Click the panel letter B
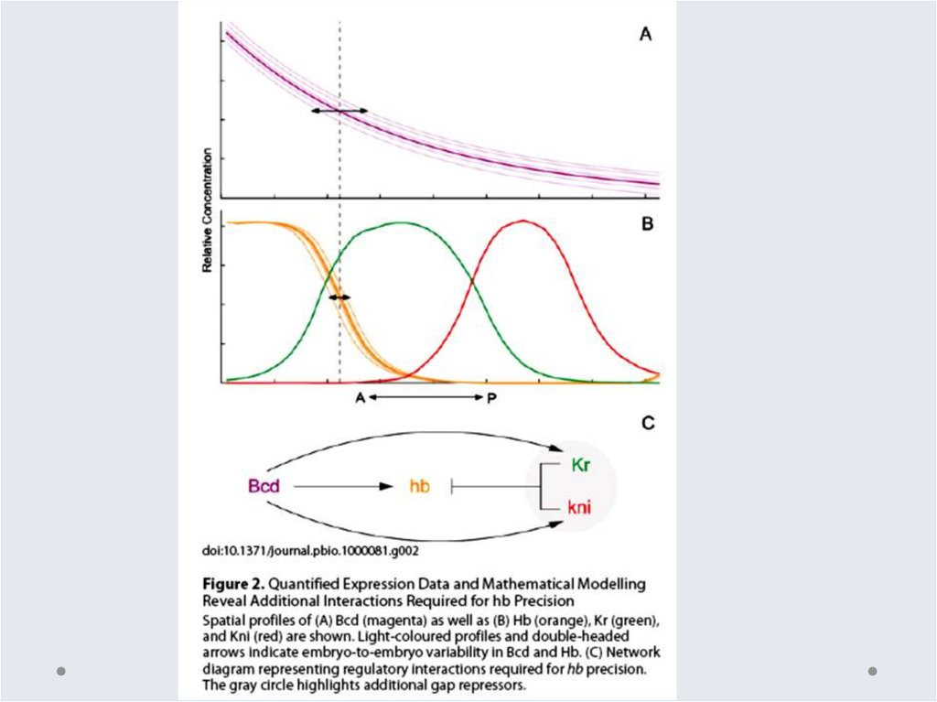point(646,222)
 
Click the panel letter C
point(648,423)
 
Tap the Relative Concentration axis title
point(208,209)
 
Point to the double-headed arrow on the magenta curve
point(339,111)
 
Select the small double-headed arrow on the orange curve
point(339,297)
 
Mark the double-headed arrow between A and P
point(426,397)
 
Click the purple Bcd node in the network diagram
point(264,486)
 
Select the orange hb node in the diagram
point(419,486)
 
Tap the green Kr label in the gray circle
point(579,466)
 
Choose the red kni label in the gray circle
point(580,506)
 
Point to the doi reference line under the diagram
point(310,551)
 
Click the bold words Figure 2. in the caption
point(233,583)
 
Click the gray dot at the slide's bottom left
point(61,671)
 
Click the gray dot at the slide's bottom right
point(872,671)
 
